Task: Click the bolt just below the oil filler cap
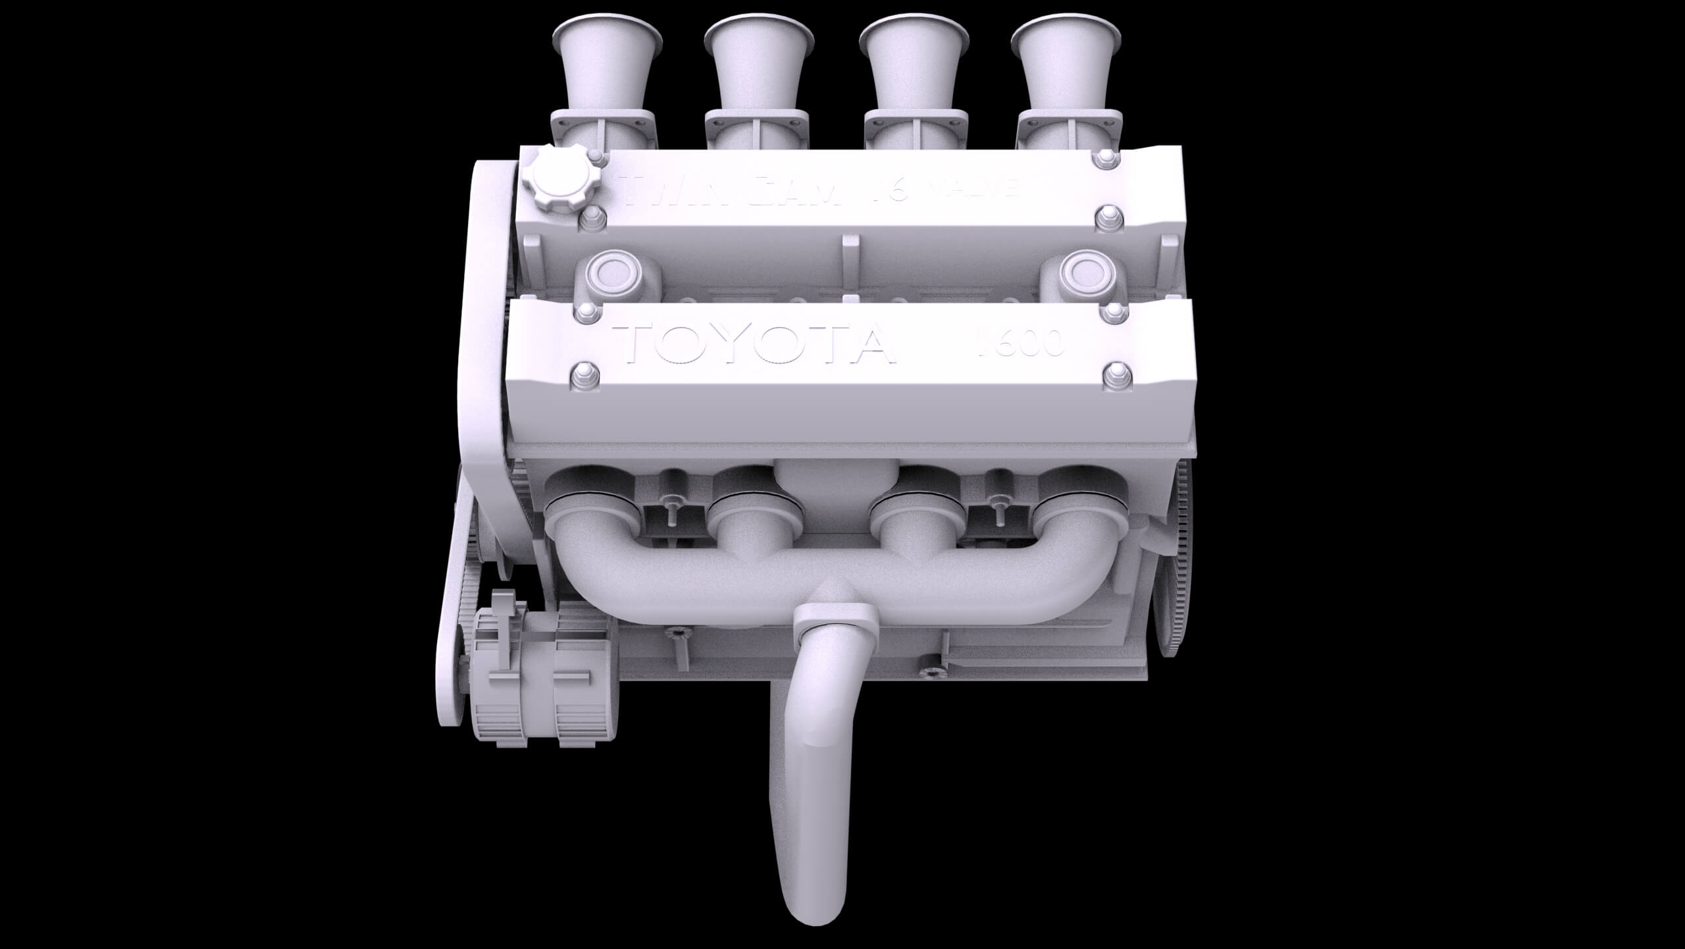coord(592,220)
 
